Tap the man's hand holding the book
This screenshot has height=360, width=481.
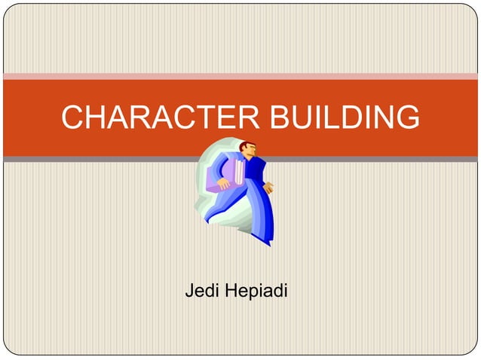[x=224, y=183]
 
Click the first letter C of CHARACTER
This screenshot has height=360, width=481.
[x=72, y=117]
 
